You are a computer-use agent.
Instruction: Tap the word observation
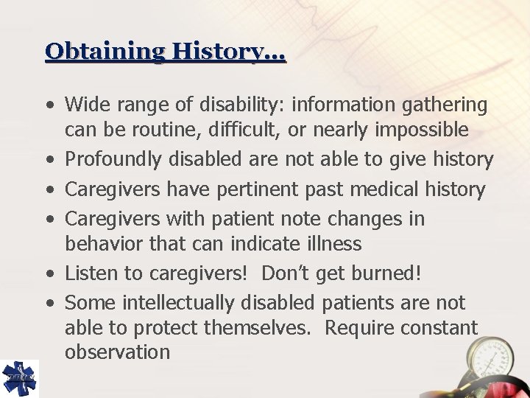[x=118, y=352]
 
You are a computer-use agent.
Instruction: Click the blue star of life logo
[x=19, y=378]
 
